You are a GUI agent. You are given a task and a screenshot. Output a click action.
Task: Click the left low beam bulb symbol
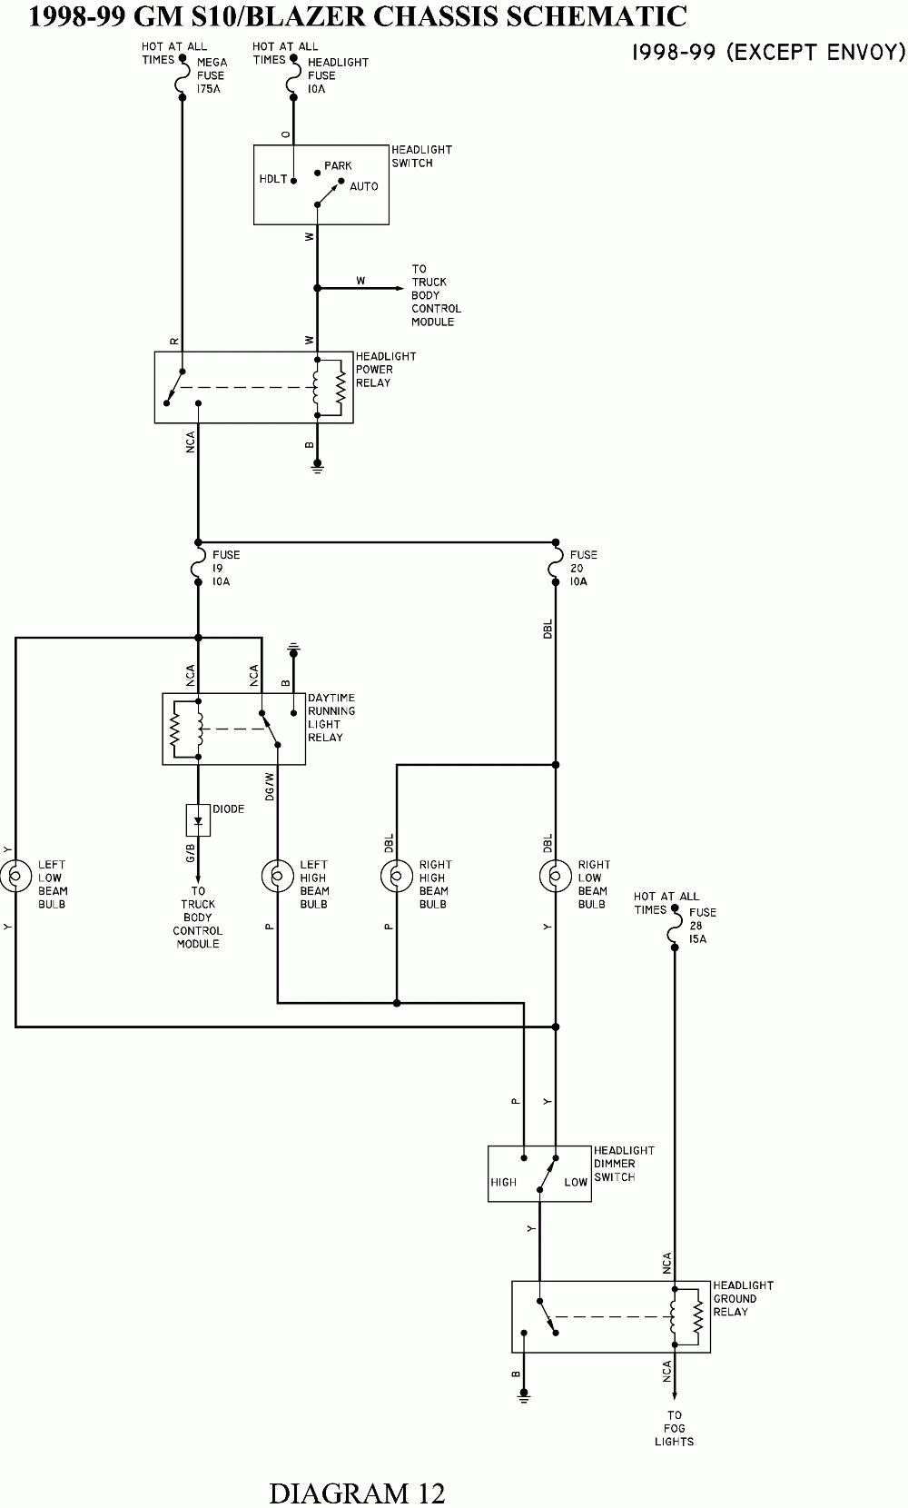[15, 877]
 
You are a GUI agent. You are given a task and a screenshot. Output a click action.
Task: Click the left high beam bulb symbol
[277, 877]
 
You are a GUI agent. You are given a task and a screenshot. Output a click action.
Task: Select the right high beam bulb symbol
[396, 877]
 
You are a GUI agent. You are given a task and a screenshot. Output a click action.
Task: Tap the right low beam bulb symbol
[555, 877]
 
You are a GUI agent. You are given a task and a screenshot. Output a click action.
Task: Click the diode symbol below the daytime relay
[198, 820]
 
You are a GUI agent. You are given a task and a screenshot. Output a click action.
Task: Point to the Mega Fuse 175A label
[212, 76]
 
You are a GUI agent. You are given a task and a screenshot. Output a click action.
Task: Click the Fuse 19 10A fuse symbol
[198, 568]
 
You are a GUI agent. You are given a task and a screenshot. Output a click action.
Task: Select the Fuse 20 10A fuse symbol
[555, 568]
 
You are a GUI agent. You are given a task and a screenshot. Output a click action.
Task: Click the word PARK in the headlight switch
[338, 166]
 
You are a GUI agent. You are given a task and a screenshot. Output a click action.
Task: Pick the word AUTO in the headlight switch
[363, 186]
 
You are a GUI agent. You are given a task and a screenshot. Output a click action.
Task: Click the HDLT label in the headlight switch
[273, 179]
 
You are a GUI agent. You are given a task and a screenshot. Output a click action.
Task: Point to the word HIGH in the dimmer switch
[503, 1182]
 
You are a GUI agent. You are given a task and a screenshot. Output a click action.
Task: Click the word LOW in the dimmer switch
[576, 1182]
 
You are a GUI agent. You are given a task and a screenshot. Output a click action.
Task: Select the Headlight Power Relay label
[386, 370]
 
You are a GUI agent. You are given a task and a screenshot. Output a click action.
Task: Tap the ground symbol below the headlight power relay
[318, 467]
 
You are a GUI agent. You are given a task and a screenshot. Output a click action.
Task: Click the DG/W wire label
[270, 786]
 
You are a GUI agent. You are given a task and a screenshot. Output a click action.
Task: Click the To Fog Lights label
[674, 1428]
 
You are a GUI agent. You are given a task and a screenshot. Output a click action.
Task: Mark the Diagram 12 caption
[357, 1493]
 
